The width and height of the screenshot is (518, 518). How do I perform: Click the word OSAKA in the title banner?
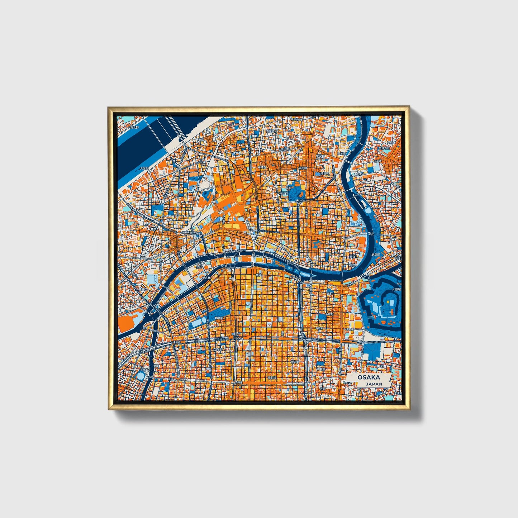point(369,377)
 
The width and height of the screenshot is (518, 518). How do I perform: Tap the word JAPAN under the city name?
point(374,384)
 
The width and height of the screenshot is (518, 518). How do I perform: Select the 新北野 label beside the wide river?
point(134,127)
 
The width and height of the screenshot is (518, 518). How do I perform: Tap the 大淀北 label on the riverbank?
point(144,168)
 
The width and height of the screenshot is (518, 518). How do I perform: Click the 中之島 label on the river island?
point(206,278)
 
